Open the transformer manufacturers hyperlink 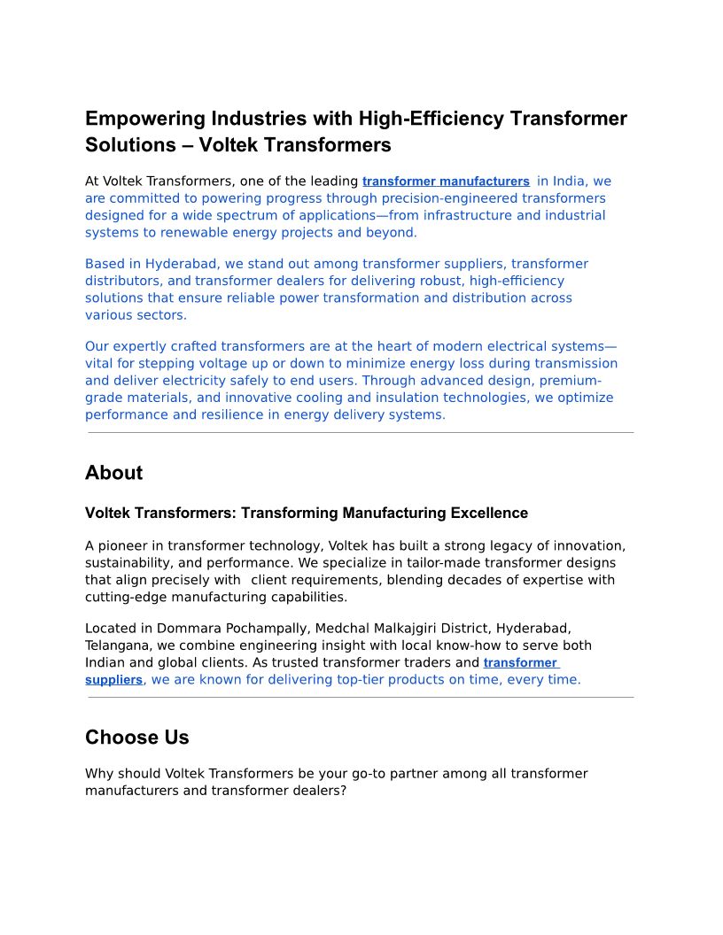click(446, 182)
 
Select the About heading click(113, 473)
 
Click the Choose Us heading click(136, 738)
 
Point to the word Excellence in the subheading click(489, 514)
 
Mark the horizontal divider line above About click(361, 433)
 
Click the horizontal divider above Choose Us click(361, 698)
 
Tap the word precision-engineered click(448, 198)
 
